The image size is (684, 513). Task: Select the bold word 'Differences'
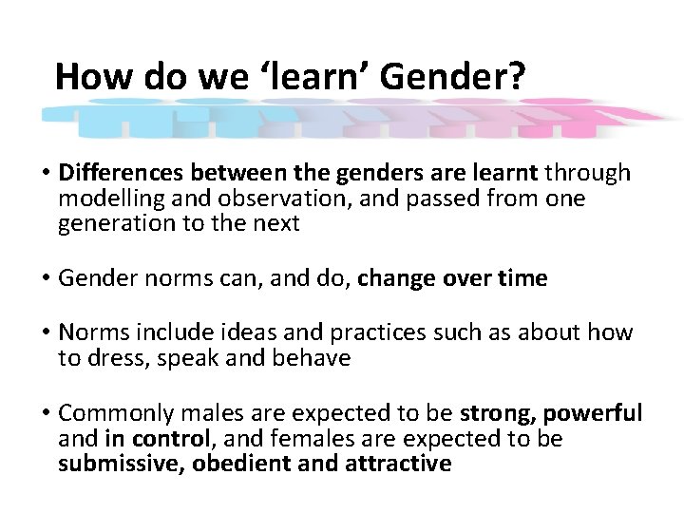point(122,173)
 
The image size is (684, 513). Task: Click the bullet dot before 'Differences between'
point(46,174)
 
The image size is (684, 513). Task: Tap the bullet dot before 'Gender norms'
point(46,279)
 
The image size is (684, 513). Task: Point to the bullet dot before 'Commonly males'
point(46,414)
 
